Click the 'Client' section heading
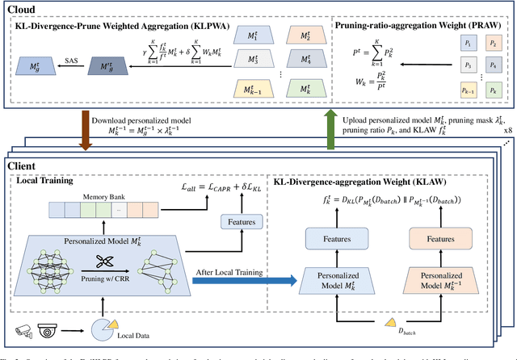[x=23, y=165]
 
